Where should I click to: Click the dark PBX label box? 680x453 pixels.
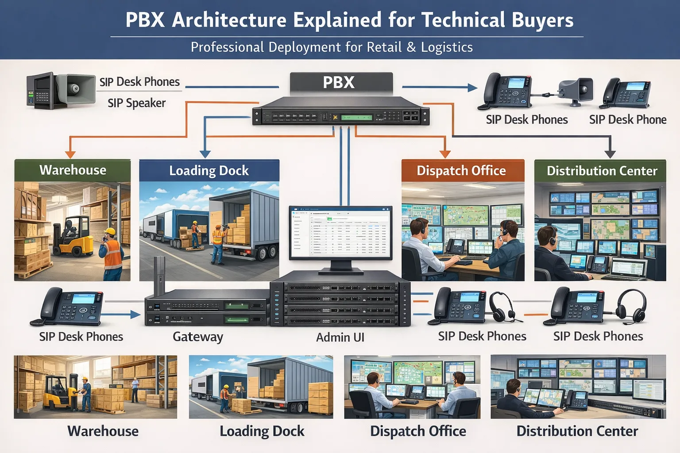click(341, 82)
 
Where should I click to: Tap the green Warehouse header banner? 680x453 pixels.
click(73, 170)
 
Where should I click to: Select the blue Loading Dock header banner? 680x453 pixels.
click(209, 170)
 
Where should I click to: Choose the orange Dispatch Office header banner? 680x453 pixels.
click(463, 170)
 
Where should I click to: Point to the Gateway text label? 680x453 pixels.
click(198, 337)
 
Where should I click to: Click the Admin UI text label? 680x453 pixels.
click(340, 338)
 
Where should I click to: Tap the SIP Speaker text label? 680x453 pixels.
click(136, 103)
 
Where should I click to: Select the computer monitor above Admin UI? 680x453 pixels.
click(340, 233)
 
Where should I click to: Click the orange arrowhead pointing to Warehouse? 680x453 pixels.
click(70, 154)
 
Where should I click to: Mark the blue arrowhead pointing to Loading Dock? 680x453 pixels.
click(205, 154)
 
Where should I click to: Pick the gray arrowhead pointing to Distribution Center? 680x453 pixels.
click(610, 154)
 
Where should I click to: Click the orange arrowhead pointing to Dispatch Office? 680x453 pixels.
click(445, 154)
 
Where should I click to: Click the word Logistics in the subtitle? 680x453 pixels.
click(447, 47)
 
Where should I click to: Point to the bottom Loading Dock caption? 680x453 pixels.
click(262, 431)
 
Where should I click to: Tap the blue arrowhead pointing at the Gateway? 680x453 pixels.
click(135, 315)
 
